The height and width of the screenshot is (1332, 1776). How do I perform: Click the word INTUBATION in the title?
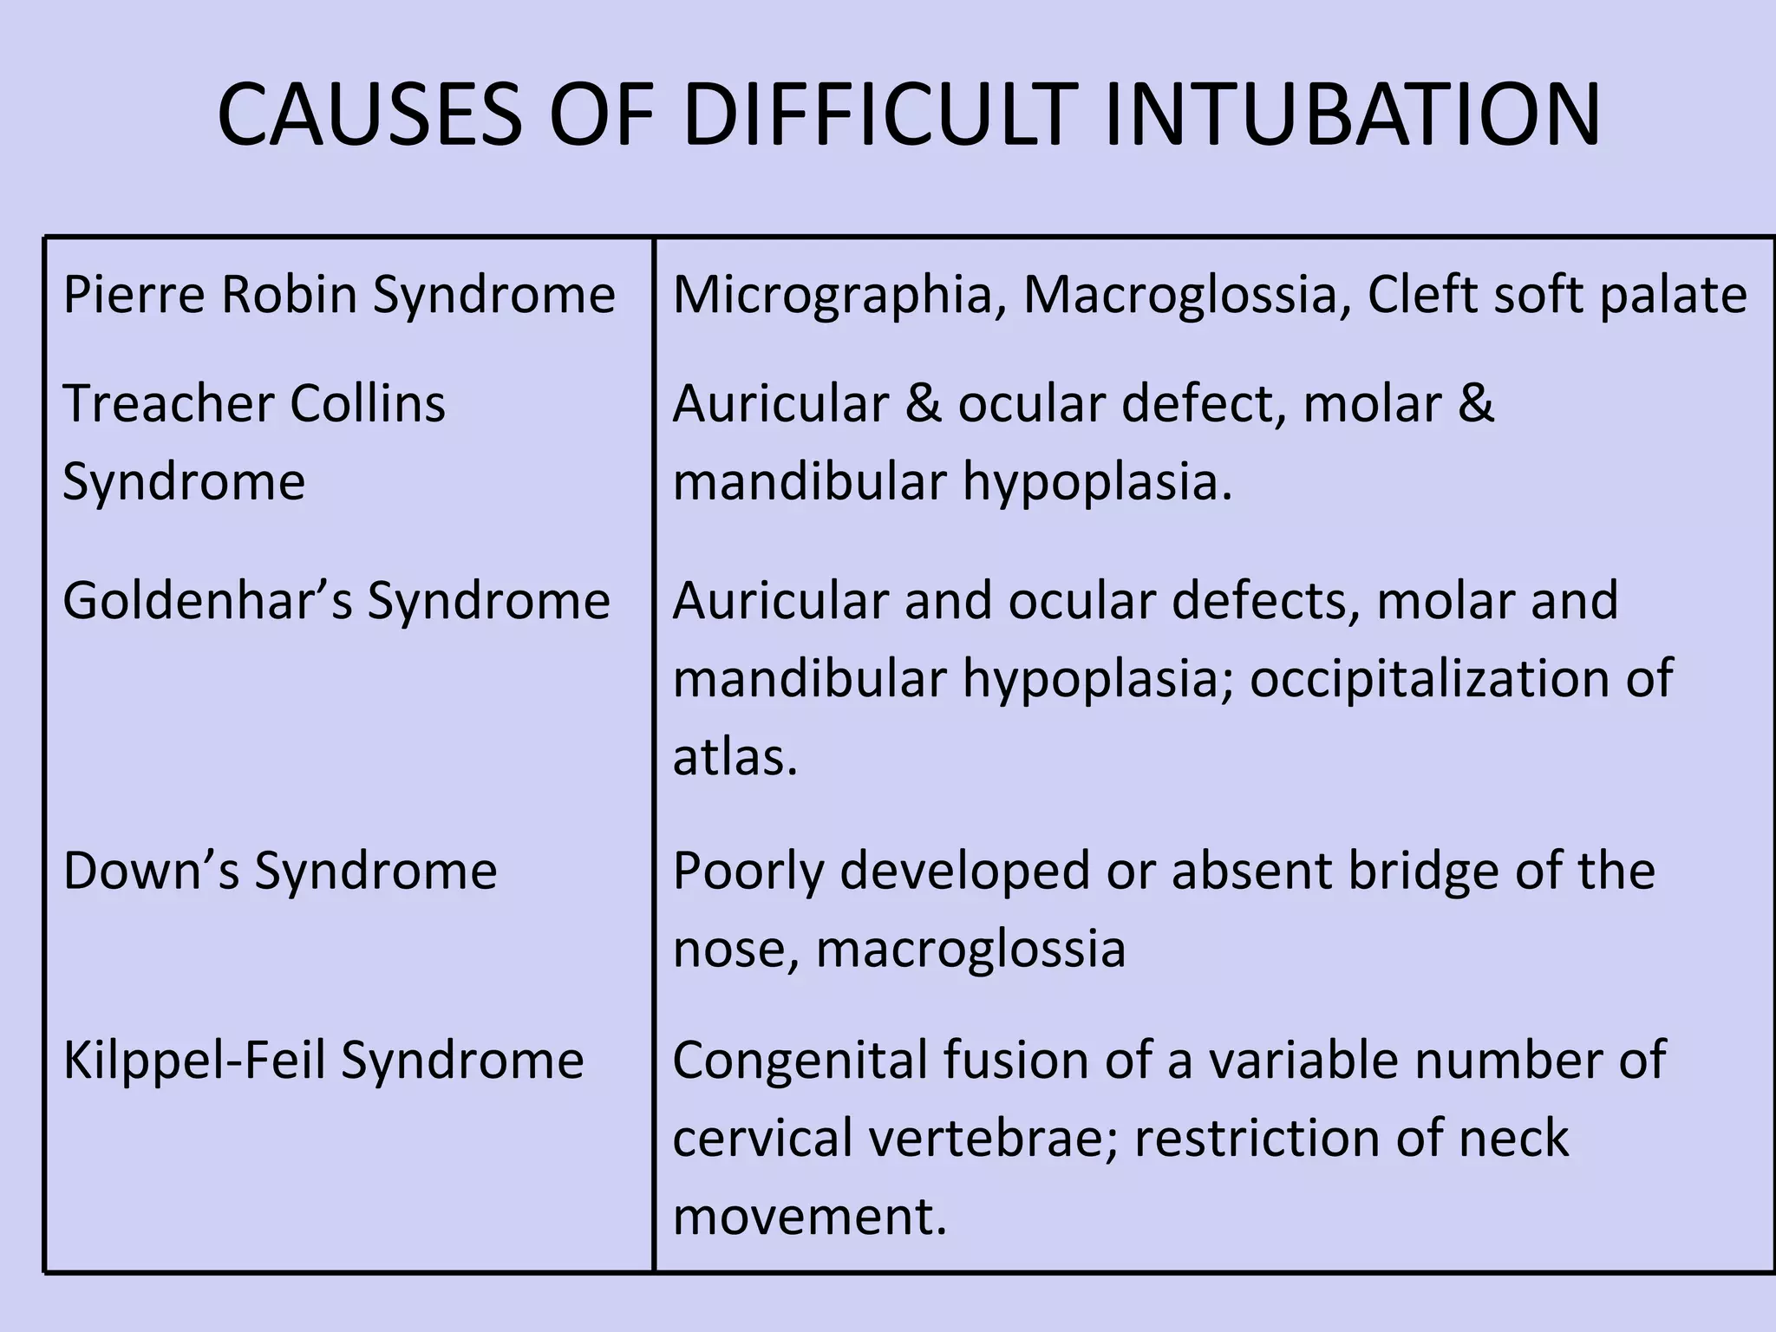(1352, 114)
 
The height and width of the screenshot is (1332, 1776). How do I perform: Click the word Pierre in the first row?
(134, 295)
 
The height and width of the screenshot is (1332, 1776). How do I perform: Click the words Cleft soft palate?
(1557, 295)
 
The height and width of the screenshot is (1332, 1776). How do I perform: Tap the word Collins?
(368, 403)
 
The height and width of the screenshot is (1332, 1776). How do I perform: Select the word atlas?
(734, 756)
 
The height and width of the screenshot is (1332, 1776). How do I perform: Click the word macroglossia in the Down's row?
(970, 949)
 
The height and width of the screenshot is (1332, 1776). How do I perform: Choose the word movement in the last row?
(807, 1216)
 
